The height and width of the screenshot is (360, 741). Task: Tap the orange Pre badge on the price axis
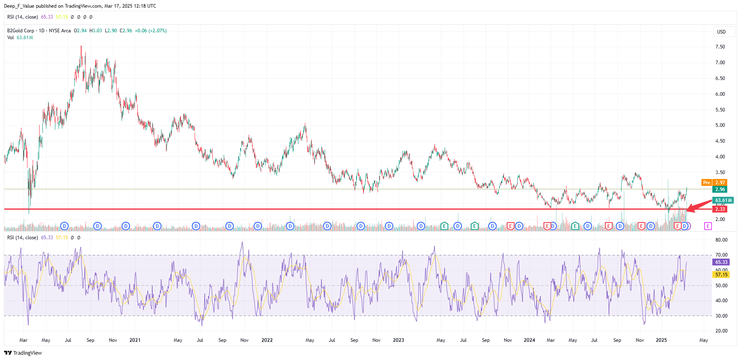coord(706,183)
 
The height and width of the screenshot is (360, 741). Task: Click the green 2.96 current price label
coord(720,189)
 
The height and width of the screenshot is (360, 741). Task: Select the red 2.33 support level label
coord(720,209)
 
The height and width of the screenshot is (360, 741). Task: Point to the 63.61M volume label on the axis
coord(723,200)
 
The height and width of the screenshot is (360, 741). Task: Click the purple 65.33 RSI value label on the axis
coord(721,262)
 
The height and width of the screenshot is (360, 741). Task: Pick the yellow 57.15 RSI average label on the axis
coord(721,275)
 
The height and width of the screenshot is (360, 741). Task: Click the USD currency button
coord(721,32)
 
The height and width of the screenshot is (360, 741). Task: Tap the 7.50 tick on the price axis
coord(720,47)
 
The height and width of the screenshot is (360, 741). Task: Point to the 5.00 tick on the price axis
coord(720,125)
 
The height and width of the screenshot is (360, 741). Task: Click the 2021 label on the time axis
coord(135,340)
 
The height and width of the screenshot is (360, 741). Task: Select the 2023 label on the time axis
coord(398,340)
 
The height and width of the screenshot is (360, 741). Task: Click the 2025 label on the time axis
coord(661,340)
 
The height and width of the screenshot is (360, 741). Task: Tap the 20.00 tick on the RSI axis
coord(721,331)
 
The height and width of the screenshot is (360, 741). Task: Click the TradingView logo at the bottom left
coord(23,353)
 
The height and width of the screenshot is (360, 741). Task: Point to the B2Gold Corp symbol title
coord(21,31)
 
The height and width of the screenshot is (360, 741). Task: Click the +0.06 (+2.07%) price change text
coord(151,31)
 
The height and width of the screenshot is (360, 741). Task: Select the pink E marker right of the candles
coord(707,226)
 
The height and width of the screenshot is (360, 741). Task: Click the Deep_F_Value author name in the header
coord(19,6)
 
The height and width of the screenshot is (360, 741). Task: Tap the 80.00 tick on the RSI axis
coord(721,240)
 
